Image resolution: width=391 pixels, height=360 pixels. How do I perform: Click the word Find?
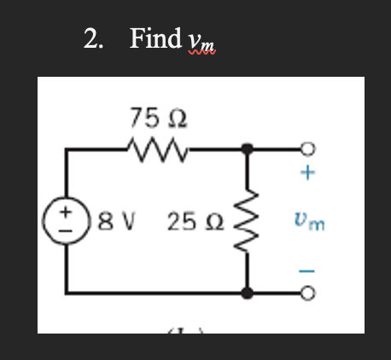pyautogui.click(x=155, y=38)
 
